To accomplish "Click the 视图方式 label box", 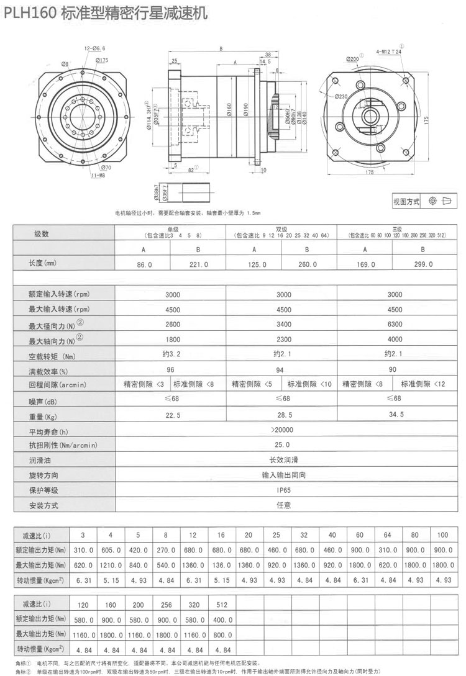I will pos(406,201).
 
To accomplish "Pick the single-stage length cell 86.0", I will pos(144,264).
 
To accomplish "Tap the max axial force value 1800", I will pos(172,340).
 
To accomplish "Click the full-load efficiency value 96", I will pos(170,370).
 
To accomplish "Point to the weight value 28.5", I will pos(283,415).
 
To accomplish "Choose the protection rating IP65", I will pos(283,490).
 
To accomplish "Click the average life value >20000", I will pos(283,430).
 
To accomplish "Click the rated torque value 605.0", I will pos(110,549).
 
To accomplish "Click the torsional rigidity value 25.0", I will pos(283,445).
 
